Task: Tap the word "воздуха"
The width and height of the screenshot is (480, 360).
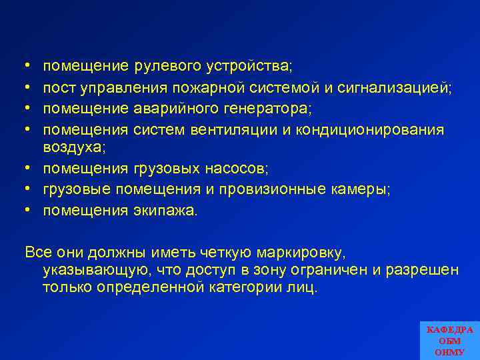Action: click(x=71, y=148)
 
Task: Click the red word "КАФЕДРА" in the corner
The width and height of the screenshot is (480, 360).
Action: click(x=449, y=329)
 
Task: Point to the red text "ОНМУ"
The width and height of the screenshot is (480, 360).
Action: click(x=449, y=351)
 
